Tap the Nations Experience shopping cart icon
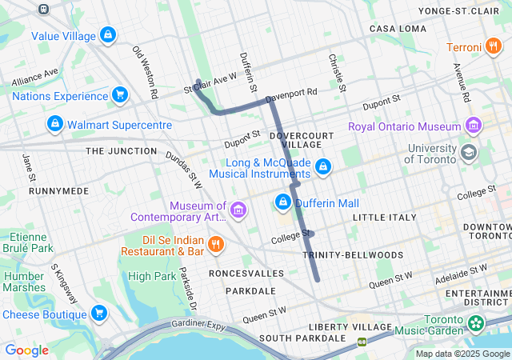pyautogui.click(x=120, y=95)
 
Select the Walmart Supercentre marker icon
pyautogui.click(x=54, y=125)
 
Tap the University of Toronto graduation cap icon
pyautogui.click(x=468, y=152)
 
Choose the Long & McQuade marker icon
pyautogui.click(x=323, y=167)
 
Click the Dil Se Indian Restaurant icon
pyautogui.click(x=215, y=244)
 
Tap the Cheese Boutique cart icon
pyautogui.click(x=99, y=313)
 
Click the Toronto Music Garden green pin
pyautogui.click(x=477, y=324)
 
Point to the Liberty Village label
pyautogui.click(x=350, y=327)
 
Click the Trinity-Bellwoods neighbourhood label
pyautogui.click(x=353, y=254)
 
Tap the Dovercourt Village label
pyautogui.click(x=300, y=141)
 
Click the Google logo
pyautogui.click(x=26, y=350)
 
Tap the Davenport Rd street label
pyautogui.click(x=291, y=93)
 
